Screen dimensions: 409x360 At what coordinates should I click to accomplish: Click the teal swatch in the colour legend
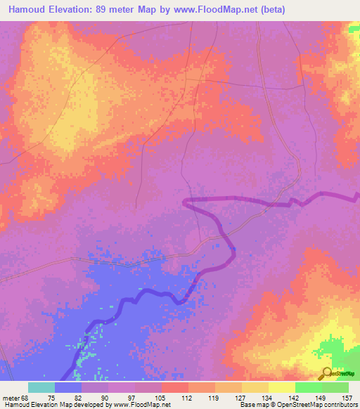[41, 387]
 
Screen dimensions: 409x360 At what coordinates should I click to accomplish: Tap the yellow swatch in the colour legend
[282, 387]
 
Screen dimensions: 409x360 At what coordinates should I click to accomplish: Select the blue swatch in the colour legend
[68, 387]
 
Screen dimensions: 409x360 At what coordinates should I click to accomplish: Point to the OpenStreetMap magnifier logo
[326, 374]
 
